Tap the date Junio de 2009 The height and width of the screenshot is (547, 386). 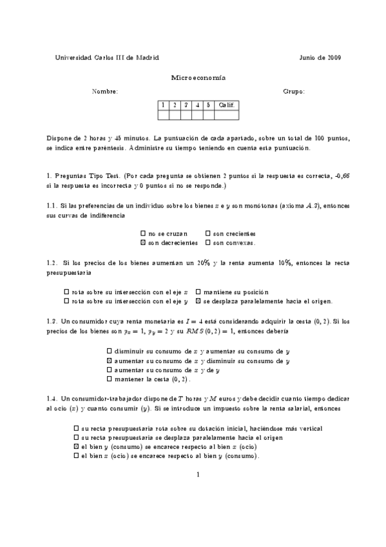[x=320, y=57]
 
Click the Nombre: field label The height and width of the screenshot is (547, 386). [x=105, y=92]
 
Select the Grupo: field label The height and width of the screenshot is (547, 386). [x=294, y=92]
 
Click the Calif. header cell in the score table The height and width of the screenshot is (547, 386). [x=226, y=104]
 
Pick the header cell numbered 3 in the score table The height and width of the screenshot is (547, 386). [x=186, y=104]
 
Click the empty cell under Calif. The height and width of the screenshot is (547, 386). [x=226, y=115]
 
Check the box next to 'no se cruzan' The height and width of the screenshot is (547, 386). [x=142, y=234]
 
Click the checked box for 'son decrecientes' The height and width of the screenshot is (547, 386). [x=142, y=243]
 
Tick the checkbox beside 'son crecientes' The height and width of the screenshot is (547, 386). [x=207, y=234]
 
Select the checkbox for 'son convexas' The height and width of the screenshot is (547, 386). [x=207, y=243]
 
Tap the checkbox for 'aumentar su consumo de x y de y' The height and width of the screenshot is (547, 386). [x=109, y=370]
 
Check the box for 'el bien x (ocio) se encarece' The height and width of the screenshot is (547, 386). [x=76, y=456]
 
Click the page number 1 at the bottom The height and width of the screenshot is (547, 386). [x=198, y=475]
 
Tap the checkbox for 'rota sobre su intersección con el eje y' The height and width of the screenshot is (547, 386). [x=67, y=301]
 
